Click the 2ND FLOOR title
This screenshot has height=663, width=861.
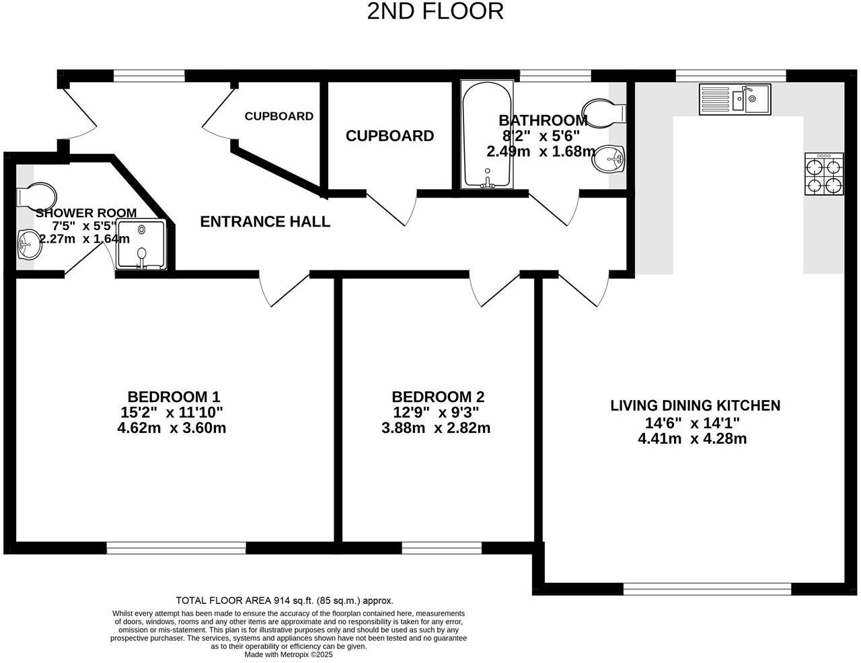point(435,11)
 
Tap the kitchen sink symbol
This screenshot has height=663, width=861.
point(735,100)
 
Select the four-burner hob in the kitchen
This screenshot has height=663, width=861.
point(825,174)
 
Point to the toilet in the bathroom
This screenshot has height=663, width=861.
point(604,113)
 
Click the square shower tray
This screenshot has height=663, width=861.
point(141,245)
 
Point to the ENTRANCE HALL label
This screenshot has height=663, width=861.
point(265,222)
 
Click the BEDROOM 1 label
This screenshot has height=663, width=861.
point(174,397)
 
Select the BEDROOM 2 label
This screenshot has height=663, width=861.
point(438,397)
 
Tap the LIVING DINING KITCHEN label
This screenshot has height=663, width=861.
point(695,405)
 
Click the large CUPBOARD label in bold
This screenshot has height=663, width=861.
point(389,136)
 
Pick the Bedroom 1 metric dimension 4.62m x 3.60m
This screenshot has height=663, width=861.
point(172,428)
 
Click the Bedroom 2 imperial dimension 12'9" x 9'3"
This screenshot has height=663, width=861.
point(437,412)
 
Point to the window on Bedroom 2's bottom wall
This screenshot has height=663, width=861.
point(442,549)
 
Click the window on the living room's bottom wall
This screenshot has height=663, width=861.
point(707,590)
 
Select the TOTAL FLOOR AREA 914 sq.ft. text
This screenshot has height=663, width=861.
point(284,600)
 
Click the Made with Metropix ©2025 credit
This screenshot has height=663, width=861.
point(289,654)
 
